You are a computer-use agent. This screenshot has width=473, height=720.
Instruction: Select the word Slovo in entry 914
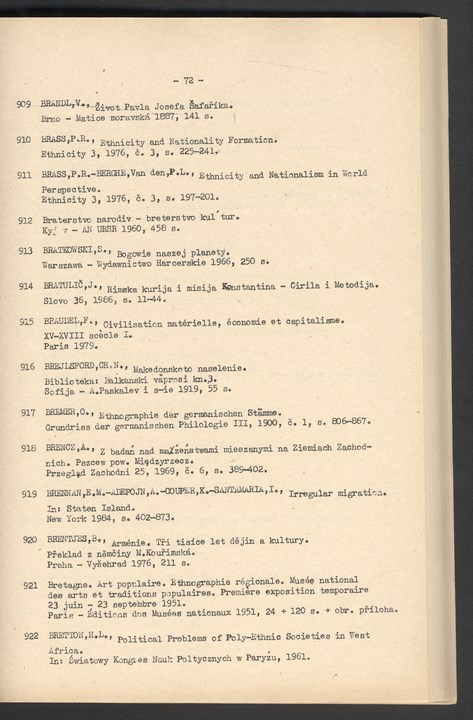point(55,300)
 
